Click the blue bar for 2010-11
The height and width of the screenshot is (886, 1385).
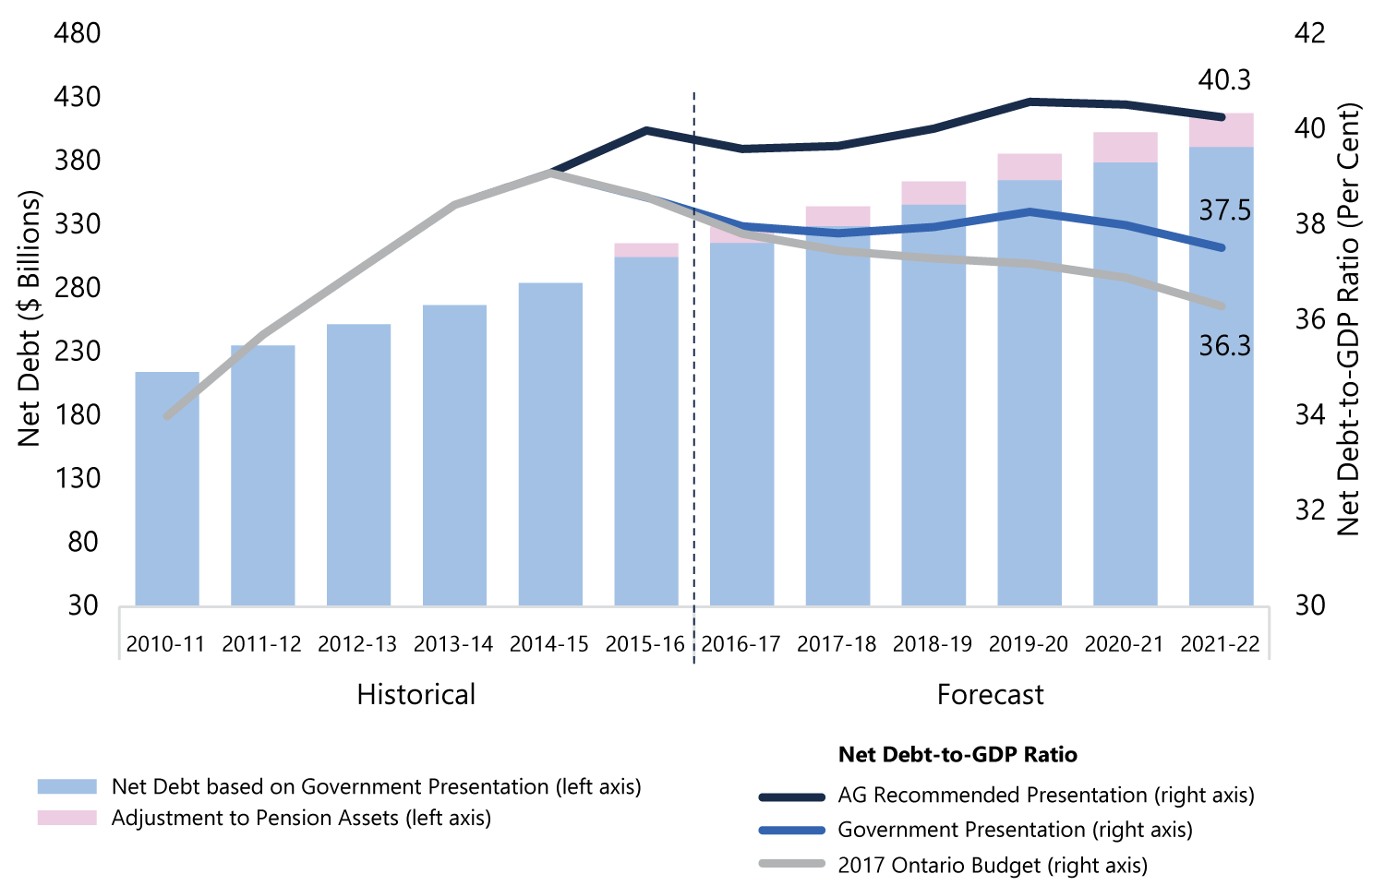pos(167,489)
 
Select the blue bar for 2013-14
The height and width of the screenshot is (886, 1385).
pos(454,455)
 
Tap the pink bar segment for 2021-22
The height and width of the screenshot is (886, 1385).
pos(1222,130)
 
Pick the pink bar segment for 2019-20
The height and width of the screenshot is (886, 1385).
pos(1030,167)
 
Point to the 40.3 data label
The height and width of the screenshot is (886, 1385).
pos(1224,80)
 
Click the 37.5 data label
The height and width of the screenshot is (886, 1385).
pos(1225,211)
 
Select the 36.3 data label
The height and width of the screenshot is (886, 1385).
pos(1225,347)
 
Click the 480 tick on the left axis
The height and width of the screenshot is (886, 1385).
pos(78,33)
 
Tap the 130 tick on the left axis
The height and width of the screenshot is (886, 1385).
pos(78,478)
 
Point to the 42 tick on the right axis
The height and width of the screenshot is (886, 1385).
pos(1310,33)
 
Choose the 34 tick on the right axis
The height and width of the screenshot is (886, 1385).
pos(1310,415)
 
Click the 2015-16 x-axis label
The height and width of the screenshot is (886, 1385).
pos(644,644)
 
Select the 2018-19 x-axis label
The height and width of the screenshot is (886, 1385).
pos(933,644)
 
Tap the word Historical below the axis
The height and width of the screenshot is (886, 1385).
pos(416,694)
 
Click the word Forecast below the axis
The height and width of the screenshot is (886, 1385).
pos(991,694)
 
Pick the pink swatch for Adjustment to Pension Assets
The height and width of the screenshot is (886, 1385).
pos(67,818)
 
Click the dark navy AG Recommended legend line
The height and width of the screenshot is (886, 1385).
pos(792,797)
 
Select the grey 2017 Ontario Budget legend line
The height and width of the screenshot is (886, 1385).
pos(792,864)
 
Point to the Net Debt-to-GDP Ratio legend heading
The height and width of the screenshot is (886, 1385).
pos(957,754)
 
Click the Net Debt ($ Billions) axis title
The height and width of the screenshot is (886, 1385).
pos(29,318)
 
